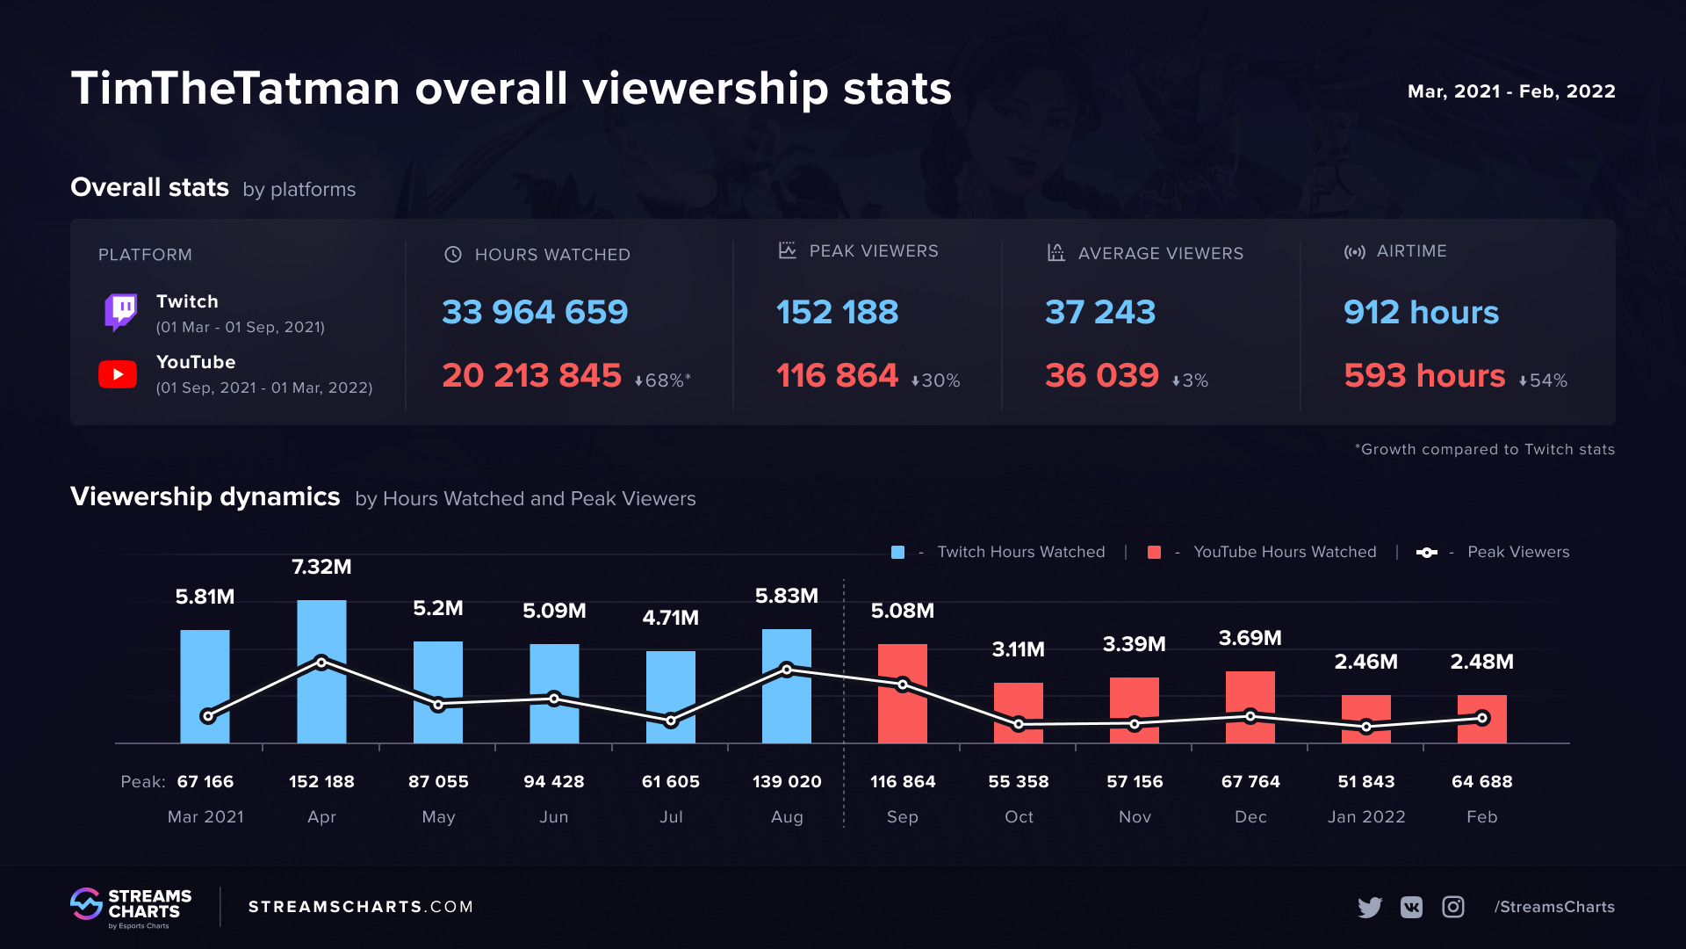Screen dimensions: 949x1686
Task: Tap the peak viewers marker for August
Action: (787, 670)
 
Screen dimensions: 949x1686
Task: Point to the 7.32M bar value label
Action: (321, 567)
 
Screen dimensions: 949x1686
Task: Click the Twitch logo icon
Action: (121, 312)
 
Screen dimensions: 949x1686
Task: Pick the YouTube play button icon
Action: (118, 374)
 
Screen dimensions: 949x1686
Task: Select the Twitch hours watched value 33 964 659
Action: (535, 312)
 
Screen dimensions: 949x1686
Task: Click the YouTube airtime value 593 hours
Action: (1424, 375)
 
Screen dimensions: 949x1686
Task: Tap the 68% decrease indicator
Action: (663, 380)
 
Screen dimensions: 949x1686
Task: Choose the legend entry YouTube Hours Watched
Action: (1284, 552)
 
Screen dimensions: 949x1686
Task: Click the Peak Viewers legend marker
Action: (1427, 552)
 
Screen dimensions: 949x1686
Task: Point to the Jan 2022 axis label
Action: (1366, 816)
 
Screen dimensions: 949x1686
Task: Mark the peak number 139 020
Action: (787, 781)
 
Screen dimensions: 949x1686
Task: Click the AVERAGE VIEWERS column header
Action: (1160, 253)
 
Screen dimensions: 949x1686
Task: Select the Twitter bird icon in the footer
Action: (1369, 907)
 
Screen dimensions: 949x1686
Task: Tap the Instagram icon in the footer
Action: (1453, 907)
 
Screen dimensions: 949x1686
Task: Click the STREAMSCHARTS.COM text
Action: (361, 907)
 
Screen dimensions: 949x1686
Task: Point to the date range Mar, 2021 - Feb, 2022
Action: (1511, 91)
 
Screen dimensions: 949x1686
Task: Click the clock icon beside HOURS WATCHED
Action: (453, 254)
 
